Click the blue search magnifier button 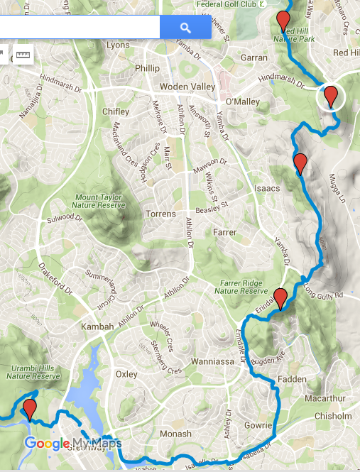pyautogui.click(x=185, y=28)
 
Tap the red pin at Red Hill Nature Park pyautogui.click(x=283, y=21)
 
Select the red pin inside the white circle pyautogui.click(x=330, y=95)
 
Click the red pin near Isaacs pyautogui.click(x=300, y=163)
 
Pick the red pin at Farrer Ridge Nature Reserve pyautogui.click(x=280, y=299)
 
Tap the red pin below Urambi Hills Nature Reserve pyautogui.click(x=29, y=409)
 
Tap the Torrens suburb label pyautogui.click(x=160, y=214)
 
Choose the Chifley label pyautogui.click(x=116, y=111)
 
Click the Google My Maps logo pyautogui.click(x=73, y=444)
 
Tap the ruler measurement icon pyautogui.click(x=23, y=55)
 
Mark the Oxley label pyautogui.click(x=126, y=374)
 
